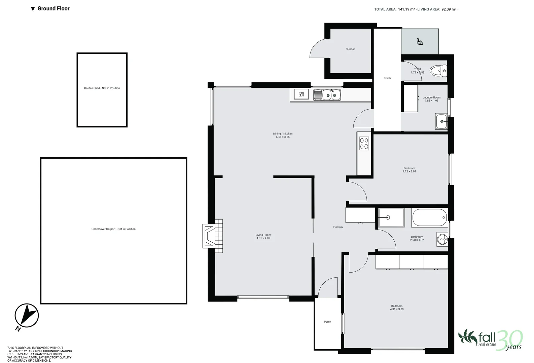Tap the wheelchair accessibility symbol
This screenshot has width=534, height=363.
(x=420, y=41)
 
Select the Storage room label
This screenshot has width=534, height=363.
(x=350, y=49)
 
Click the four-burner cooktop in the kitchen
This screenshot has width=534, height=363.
(x=364, y=143)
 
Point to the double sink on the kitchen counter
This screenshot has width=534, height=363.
(x=327, y=95)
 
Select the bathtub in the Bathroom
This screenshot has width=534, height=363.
(x=429, y=218)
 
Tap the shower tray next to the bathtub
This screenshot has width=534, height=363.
(x=391, y=217)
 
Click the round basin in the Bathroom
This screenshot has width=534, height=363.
(x=442, y=239)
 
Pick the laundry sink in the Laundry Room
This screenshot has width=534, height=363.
(x=441, y=121)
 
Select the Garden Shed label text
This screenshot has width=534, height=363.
(x=102, y=88)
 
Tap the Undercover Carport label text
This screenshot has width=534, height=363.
(x=113, y=229)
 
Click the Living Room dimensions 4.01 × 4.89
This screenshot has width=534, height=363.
(x=263, y=238)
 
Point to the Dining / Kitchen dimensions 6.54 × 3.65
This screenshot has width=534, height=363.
(x=283, y=137)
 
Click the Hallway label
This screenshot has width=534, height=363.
(x=338, y=227)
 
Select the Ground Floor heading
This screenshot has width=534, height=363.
(x=53, y=8)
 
